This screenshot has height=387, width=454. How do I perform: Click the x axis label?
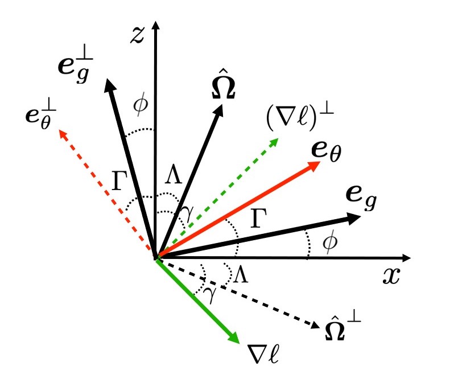(391, 276)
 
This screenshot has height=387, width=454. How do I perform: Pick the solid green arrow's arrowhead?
(234, 339)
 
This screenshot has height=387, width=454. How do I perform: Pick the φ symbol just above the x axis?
(329, 242)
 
